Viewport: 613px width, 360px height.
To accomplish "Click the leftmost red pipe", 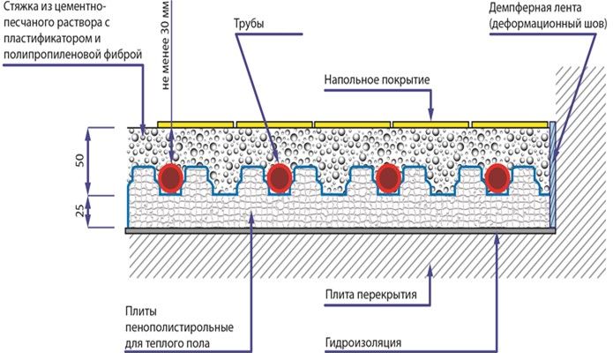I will click(x=171, y=179).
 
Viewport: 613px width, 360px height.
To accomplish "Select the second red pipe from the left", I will click(x=280, y=179).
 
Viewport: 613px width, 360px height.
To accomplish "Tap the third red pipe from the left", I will click(x=389, y=179).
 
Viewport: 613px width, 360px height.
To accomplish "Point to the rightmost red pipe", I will click(x=497, y=179).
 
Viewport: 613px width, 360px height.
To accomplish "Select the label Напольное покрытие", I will click(x=376, y=80).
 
